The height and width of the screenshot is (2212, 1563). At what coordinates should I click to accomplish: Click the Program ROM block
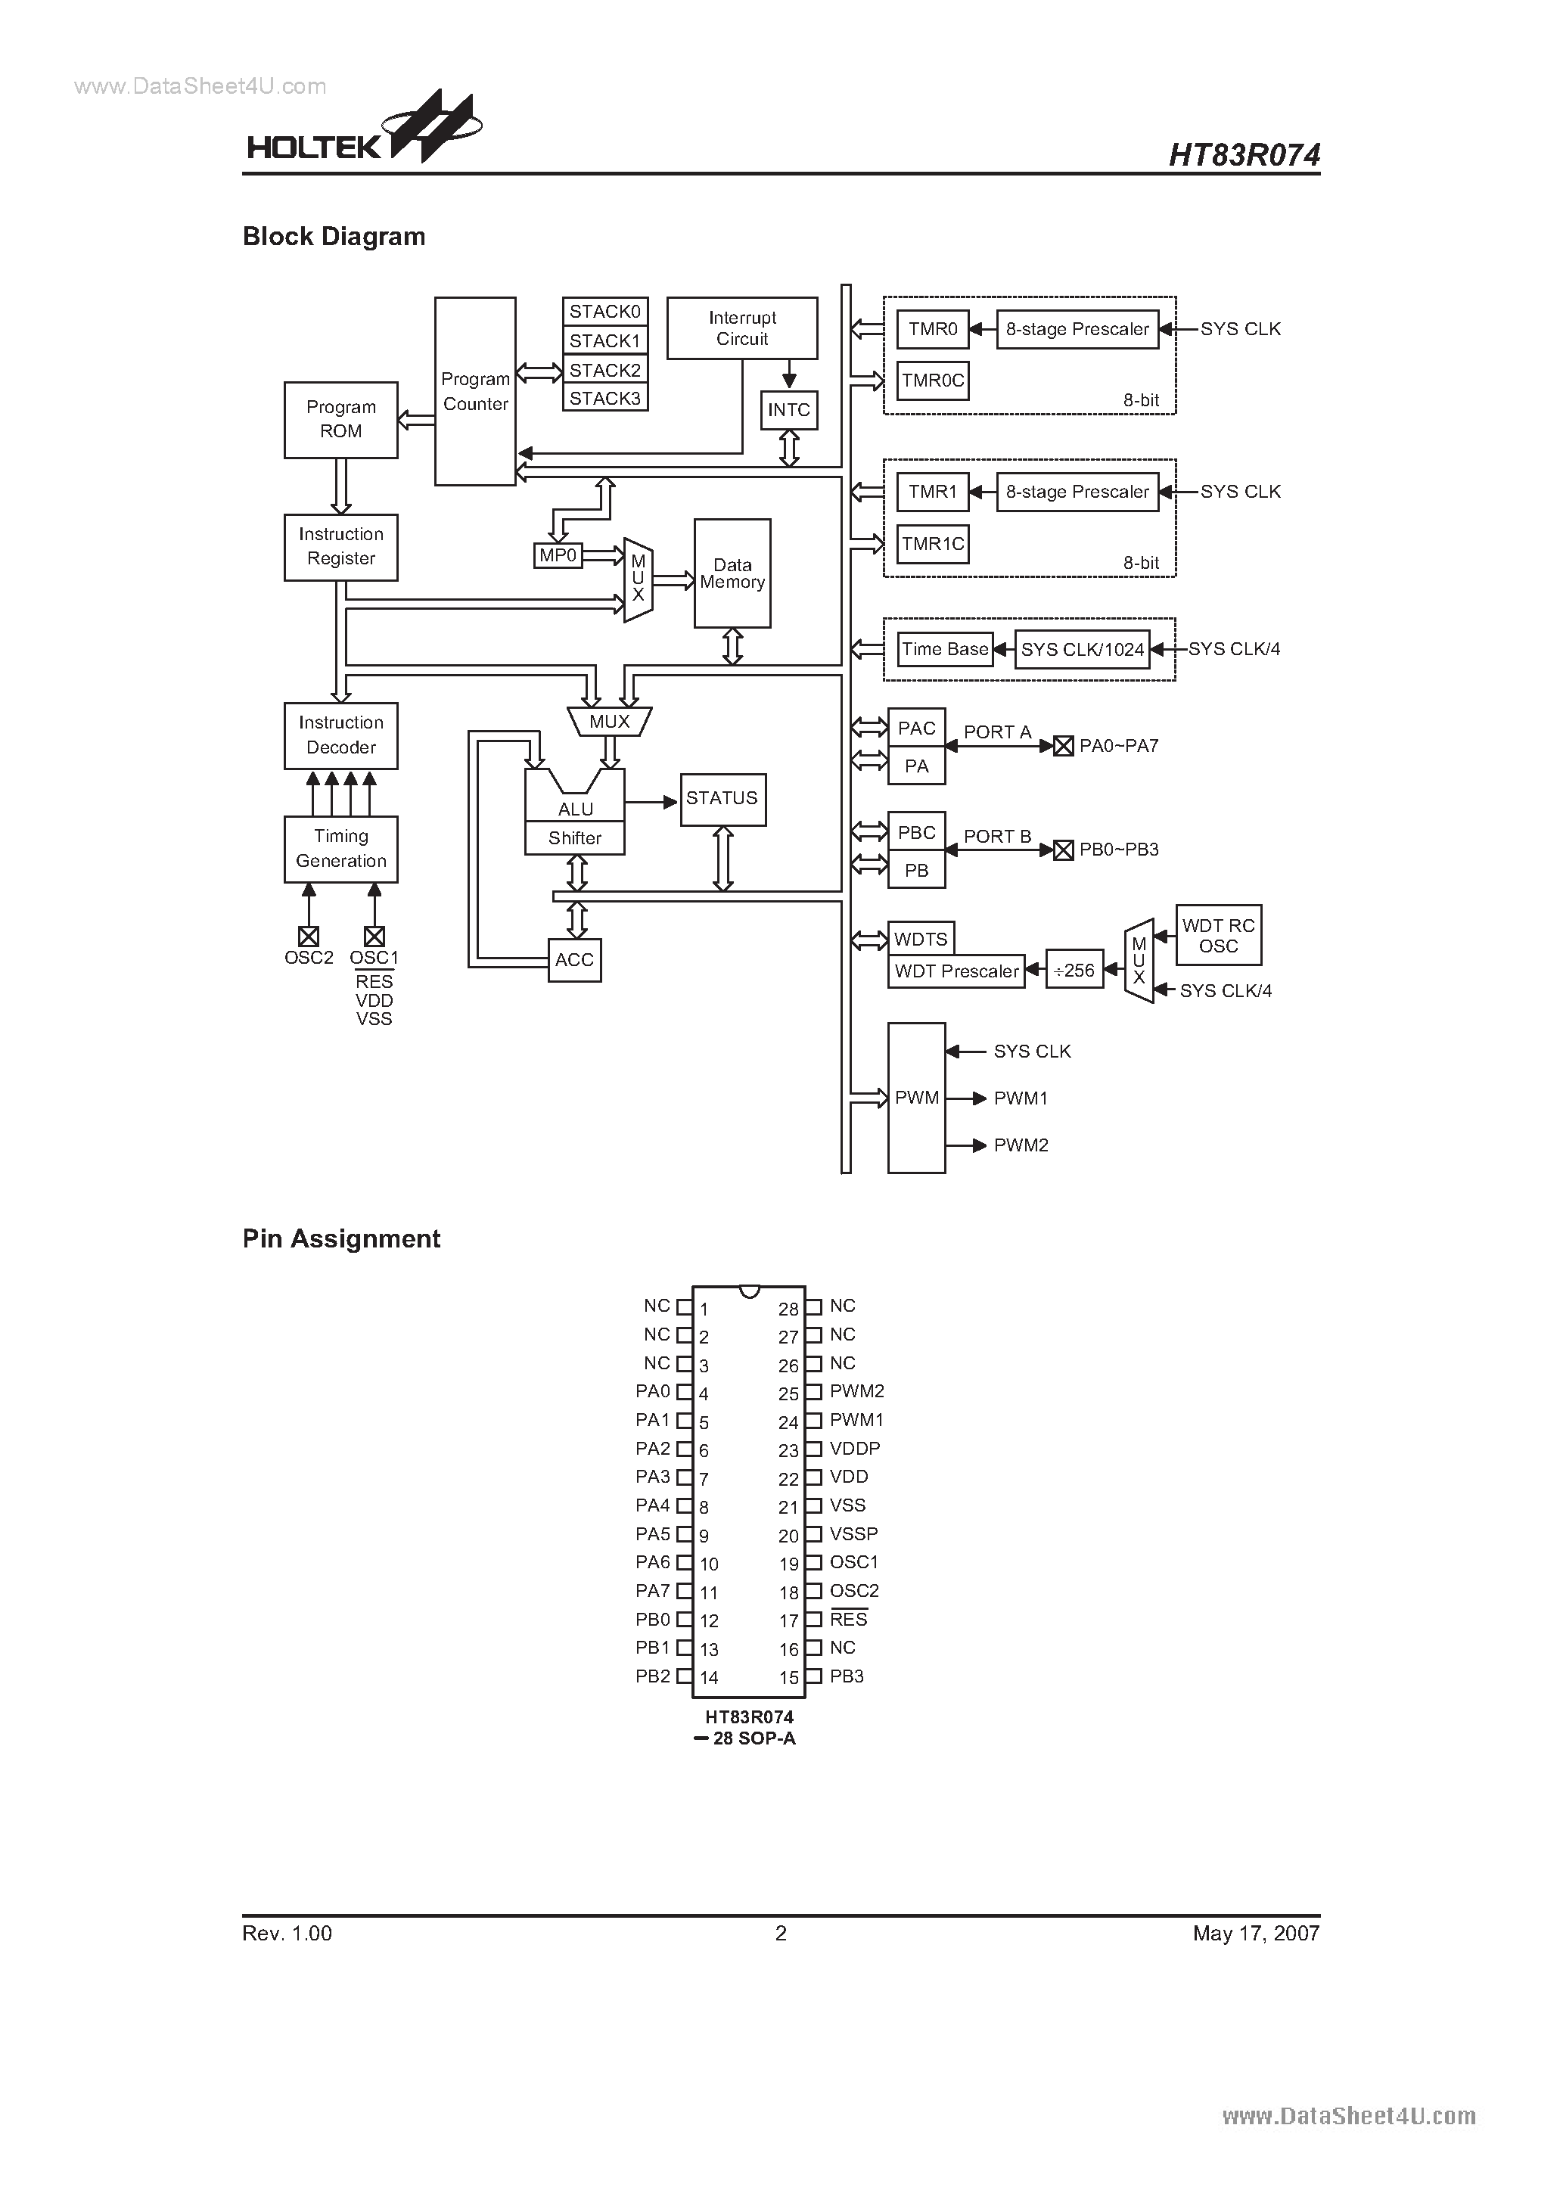(340, 419)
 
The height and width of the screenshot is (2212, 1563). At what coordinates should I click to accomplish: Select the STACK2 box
(604, 370)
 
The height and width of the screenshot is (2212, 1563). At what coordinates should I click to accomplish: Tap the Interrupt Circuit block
(741, 328)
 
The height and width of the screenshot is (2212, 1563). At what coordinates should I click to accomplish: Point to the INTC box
(788, 411)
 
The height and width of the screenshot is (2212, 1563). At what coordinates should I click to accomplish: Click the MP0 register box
(558, 555)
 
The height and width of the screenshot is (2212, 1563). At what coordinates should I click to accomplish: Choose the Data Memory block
(732, 573)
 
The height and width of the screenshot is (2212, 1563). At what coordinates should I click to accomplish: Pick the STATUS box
(722, 799)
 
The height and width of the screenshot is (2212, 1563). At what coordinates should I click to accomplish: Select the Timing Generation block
(340, 849)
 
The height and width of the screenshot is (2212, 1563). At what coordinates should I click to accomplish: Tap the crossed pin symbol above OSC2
(309, 936)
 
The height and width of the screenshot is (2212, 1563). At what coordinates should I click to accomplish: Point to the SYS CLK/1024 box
(1082, 649)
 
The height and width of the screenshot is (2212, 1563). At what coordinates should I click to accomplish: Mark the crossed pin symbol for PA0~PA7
(1063, 746)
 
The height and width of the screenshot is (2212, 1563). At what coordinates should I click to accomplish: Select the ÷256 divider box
(1074, 970)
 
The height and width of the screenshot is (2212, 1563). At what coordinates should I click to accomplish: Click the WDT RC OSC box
(1218, 936)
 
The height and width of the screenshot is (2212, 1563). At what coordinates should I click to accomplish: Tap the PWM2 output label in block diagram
(1021, 1145)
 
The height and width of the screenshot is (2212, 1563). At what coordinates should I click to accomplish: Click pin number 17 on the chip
(789, 1621)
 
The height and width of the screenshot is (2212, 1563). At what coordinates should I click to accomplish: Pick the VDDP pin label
(855, 1448)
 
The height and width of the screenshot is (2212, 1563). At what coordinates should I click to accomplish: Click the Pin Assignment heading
(341, 1239)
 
